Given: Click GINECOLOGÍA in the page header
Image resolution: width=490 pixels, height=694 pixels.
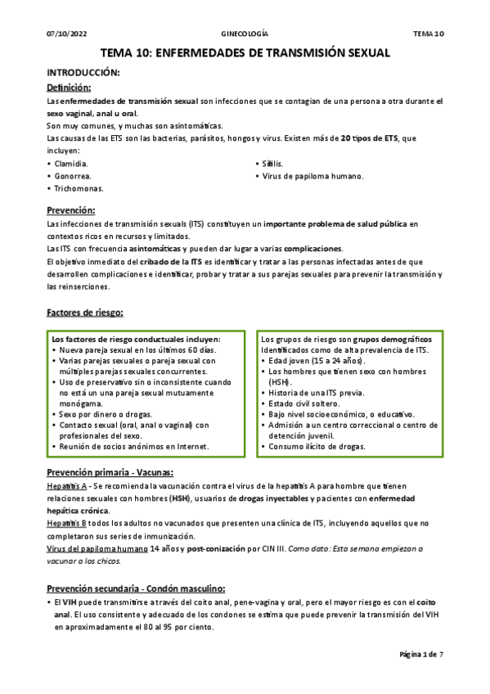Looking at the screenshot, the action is point(245,34).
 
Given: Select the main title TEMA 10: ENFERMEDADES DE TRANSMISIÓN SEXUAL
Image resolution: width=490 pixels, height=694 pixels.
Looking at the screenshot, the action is point(245,53).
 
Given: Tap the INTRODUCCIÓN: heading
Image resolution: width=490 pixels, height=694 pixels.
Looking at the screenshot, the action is point(83,73).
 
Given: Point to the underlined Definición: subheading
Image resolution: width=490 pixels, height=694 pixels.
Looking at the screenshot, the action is point(69,87).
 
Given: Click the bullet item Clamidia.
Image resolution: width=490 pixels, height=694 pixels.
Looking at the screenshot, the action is point(71,164).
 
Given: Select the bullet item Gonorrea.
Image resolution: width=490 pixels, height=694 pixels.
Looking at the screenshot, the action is point(73,176).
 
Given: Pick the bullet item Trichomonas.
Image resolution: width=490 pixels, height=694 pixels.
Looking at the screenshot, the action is point(79,189).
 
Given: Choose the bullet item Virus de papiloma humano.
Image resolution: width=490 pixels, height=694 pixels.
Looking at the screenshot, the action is point(312,176).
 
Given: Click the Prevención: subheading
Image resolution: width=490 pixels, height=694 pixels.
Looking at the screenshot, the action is point(71,210).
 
